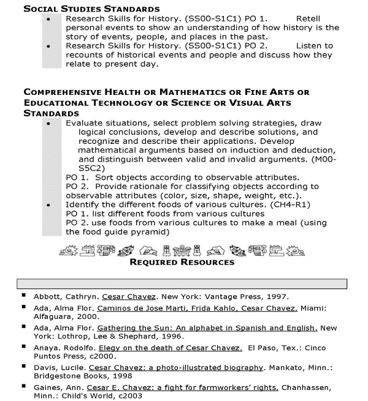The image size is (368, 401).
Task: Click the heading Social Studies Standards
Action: click(91, 9)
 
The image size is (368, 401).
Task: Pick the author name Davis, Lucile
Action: click(60, 369)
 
